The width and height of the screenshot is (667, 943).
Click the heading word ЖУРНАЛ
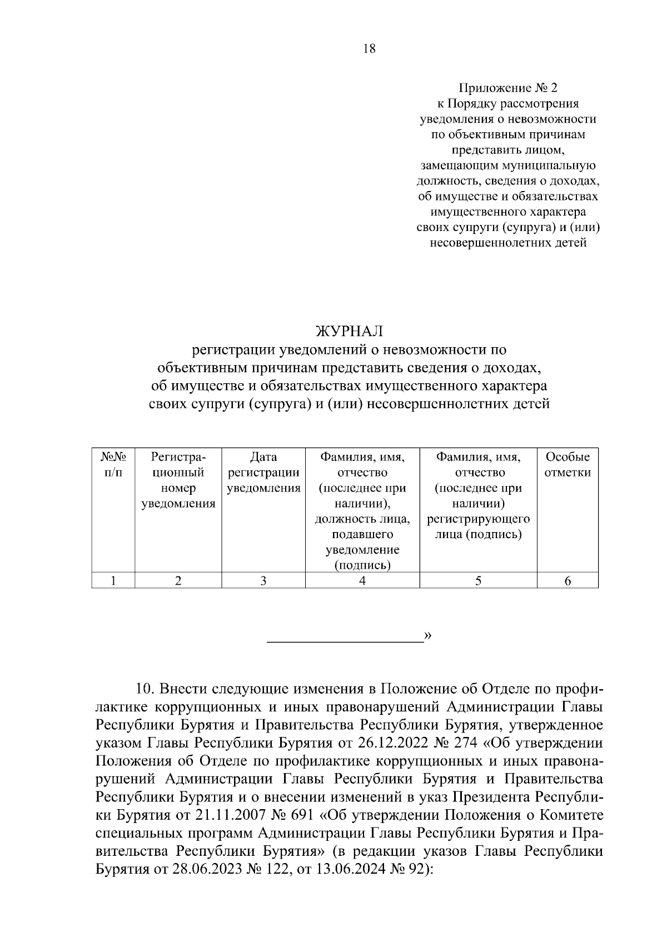point(350,332)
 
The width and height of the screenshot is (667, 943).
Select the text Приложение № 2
point(506,88)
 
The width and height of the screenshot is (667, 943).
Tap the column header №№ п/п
point(113,465)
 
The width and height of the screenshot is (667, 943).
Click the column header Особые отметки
point(567,465)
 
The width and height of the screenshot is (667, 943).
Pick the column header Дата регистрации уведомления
point(263,473)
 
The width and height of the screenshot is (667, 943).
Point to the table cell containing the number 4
point(362,581)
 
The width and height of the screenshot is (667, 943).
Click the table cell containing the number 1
point(113,581)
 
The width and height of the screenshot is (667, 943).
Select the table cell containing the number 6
point(567,581)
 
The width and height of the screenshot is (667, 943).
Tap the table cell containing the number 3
point(263,581)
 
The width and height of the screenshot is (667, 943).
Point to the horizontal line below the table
point(345,642)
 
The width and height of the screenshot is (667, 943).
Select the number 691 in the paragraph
point(303,815)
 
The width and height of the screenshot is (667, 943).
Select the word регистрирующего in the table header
point(478,519)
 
